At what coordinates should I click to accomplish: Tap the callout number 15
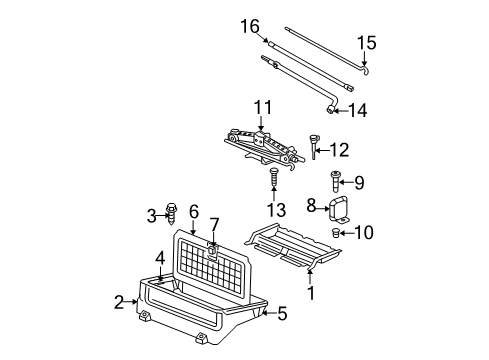369,43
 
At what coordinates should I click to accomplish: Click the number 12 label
341,151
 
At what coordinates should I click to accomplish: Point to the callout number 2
118,301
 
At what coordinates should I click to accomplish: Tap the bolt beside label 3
172,214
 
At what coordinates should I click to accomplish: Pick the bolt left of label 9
336,183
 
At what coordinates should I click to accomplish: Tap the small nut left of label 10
336,262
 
